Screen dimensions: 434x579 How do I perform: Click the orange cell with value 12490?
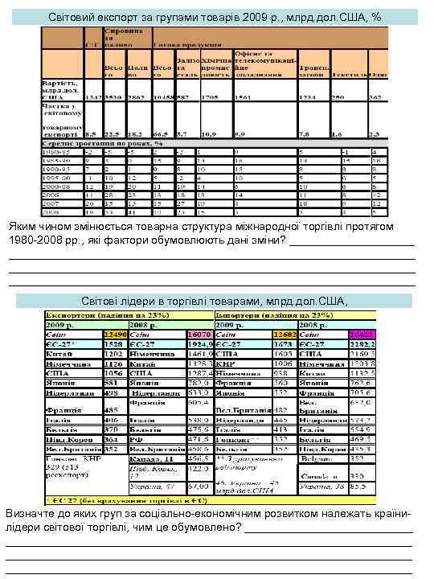pyautogui.click(x=117, y=334)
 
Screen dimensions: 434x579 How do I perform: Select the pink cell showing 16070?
pyautogui.click(x=198, y=334)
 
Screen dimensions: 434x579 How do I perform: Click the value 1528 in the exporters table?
pyautogui.click(x=113, y=343)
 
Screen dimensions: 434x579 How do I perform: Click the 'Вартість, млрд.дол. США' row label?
pyautogui.click(x=62, y=88)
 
